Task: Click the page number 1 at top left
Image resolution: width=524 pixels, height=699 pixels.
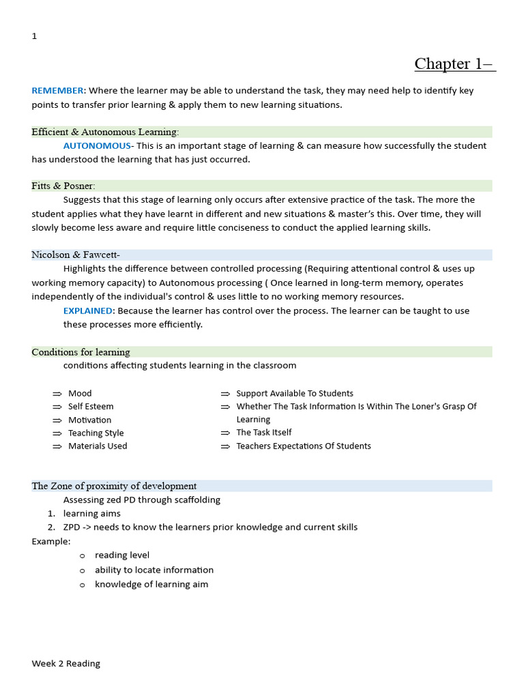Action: coord(34,36)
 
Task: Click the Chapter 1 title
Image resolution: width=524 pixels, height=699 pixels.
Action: coord(454,64)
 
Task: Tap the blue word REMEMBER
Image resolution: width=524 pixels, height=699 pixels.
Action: coord(57,91)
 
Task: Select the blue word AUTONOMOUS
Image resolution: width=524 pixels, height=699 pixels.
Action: coord(96,146)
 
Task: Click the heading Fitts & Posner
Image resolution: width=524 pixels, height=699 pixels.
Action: coord(63,186)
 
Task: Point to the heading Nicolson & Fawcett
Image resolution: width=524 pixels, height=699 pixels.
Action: coord(76,255)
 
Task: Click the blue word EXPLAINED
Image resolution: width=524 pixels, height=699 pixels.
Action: coord(87,311)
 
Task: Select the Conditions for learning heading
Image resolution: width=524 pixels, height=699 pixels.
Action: coord(81,352)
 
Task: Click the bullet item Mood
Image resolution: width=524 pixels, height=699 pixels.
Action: coord(80,394)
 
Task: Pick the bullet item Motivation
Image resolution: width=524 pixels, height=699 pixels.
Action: coord(89,420)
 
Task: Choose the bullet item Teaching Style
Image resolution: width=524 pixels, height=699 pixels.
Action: coord(96,433)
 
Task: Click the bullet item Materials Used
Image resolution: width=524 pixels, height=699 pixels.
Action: coord(98,446)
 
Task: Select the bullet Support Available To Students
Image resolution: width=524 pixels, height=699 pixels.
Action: coord(294,394)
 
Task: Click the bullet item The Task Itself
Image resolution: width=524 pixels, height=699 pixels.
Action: coord(263,432)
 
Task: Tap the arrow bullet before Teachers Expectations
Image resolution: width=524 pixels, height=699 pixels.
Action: coord(225,446)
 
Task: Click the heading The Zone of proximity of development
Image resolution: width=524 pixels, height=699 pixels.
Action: coord(114,486)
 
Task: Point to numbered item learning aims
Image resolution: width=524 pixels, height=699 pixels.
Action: coord(91,513)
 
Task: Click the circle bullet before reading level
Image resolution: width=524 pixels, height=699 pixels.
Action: coord(83,556)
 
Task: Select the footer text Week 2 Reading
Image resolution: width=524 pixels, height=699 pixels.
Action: coord(65,664)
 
